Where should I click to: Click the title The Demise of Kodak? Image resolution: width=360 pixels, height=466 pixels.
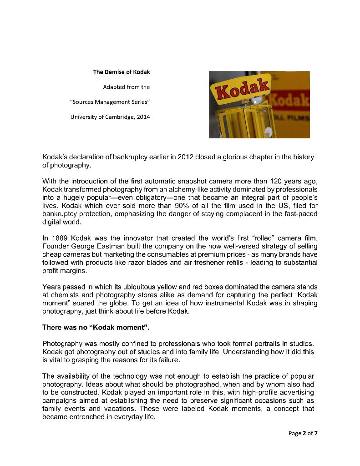(121, 72)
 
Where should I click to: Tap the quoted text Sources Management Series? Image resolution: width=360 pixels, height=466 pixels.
(110, 102)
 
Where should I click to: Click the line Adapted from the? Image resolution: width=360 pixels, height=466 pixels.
(126, 87)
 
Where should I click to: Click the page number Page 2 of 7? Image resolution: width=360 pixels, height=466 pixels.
(303, 433)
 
